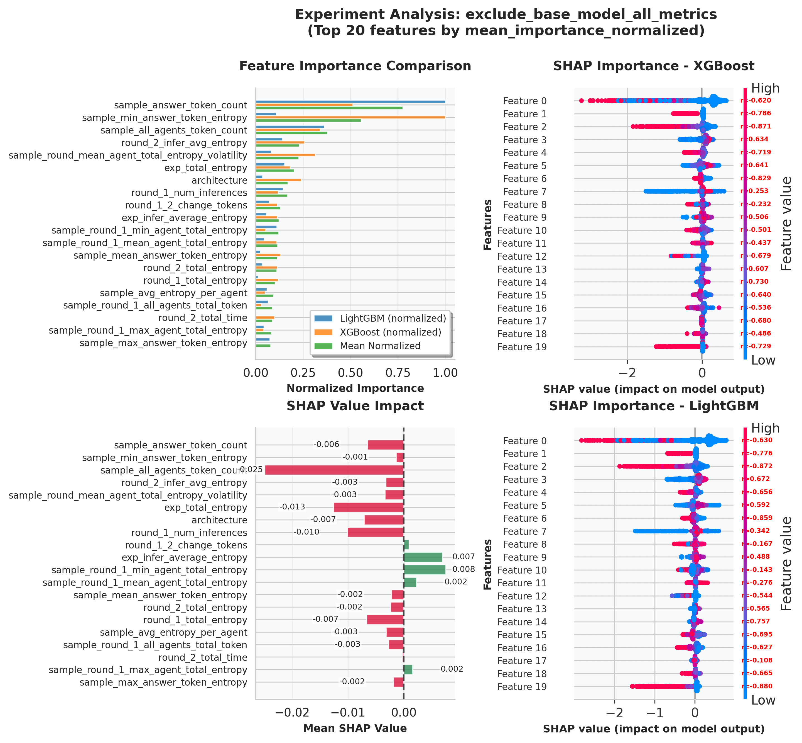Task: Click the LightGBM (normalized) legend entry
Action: (392, 319)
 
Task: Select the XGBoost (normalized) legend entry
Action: (390, 332)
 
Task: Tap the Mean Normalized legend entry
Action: (379, 346)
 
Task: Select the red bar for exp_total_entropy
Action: (368, 508)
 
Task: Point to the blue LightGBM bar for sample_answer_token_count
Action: (350, 102)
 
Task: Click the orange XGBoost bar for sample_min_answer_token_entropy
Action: (350, 117)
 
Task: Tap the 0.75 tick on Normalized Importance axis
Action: (398, 373)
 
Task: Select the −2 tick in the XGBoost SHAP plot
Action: (627, 373)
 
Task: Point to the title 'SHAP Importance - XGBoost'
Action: (653, 66)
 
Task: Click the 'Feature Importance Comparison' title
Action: (355, 66)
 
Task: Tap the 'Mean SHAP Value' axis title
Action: (355, 728)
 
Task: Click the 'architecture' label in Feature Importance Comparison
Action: (219, 180)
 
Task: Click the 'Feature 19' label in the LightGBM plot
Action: (522, 686)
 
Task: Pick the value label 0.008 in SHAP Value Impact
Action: (463, 569)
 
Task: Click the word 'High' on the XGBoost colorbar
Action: (765, 88)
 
